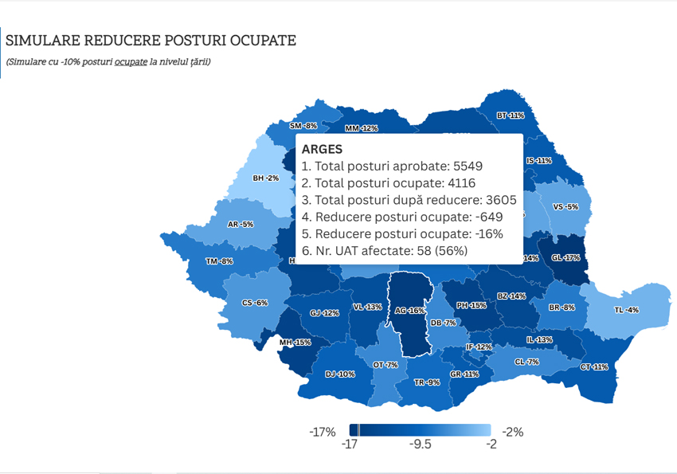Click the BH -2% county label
tap(265, 178)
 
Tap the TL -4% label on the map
tap(627, 309)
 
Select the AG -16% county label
tap(410, 311)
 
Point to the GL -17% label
tap(565, 257)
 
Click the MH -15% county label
tap(295, 343)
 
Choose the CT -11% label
tap(594, 367)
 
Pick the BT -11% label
tap(510, 116)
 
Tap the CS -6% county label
tap(255, 303)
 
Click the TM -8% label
tap(219, 261)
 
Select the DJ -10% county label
tap(340, 374)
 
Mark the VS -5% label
tap(565, 207)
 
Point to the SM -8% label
tap(303, 126)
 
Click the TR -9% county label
tap(427, 382)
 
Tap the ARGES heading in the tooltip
tap(323, 150)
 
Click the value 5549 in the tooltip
tap(468, 166)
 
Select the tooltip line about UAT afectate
tap(385, 250)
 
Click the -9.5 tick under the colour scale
tap(420, 445)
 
